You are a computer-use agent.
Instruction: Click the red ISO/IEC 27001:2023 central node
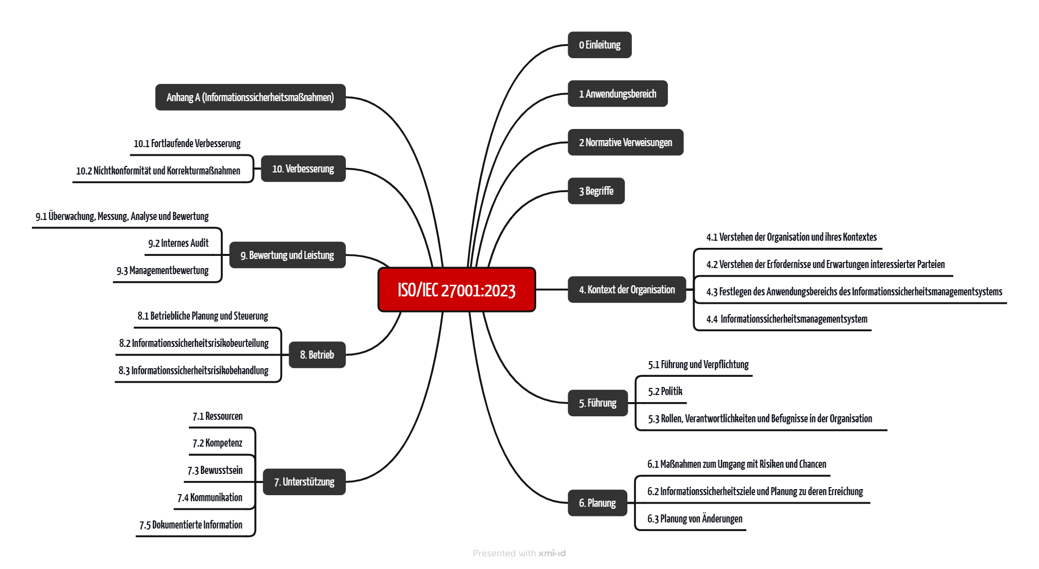pyautogui.click(x=456, y=290)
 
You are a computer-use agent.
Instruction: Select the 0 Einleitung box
pyautogui.click(x=600, y=45)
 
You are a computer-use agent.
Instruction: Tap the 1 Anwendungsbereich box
pyautogui.click(x=617, y=94)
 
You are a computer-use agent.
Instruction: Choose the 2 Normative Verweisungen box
pyautogui.click(x=625, y=142)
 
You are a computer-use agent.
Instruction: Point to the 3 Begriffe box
pyautogui.click(x=596, y=191)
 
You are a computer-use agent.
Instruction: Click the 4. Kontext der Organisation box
pyautogui.click(x=627, y=290)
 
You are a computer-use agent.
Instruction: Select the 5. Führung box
pyautogui.click(x=597, y=403)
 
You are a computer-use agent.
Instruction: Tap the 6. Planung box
pyautogui.click(x=597, y=503)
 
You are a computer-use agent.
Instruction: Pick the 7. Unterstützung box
pyautogui.click(x=304, y=482)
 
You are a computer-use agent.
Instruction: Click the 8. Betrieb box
pyautogui.click(x=317, y=355)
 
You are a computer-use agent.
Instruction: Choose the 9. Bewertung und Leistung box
pyautogui.click(x=287, y=255)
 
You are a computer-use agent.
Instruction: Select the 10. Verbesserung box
pyautogui.click(x=303, y=169)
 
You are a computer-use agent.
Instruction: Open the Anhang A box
pyautogui.click(x=250, y=97)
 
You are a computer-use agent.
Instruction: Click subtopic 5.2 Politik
pyautogui.click(x=665, y=391)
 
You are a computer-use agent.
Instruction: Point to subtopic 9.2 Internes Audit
pyautogui.click(x=178, y=243)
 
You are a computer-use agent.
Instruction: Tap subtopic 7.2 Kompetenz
pyautogui.click(x=217, y=444)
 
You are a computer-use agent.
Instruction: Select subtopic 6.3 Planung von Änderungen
pyautogui.click(x=695, y=519)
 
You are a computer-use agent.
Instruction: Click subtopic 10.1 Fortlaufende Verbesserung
pyautogui.click(x=187, y=144)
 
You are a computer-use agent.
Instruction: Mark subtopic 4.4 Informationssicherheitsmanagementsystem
pyautogui.click(x=787, y=319)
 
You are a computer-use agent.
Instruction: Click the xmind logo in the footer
pyautogui.click(x=552, y=553)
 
